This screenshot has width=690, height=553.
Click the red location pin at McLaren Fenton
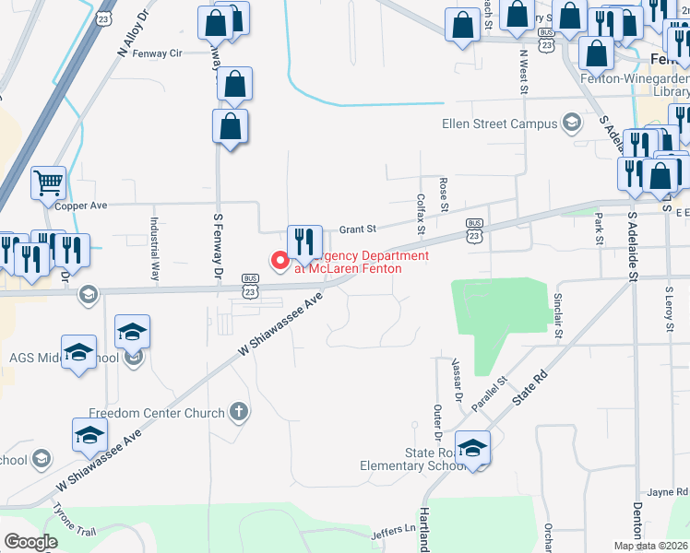279,261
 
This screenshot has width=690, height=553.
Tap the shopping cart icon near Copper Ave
49,182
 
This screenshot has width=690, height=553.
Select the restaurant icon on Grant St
304,241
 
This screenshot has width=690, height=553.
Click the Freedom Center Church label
157,412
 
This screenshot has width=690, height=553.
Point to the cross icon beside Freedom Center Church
239,411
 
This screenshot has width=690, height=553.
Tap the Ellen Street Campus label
500,124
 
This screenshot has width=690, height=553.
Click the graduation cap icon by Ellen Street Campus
572,124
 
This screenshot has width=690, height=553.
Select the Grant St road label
359,229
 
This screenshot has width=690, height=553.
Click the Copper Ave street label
81,206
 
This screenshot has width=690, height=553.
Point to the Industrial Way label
155,249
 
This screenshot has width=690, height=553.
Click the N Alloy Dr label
133,35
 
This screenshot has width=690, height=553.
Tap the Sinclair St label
557,315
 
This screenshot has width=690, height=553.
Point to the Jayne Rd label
667,492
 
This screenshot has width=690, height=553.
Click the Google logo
30,542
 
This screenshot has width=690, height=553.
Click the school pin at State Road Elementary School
472,449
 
